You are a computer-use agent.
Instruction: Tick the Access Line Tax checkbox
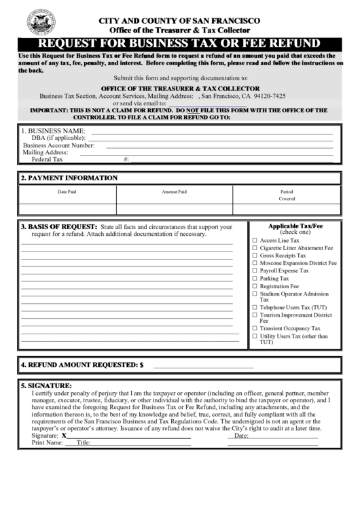(x=255, y=241)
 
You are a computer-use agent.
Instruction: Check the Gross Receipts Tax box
(x=255, y=256)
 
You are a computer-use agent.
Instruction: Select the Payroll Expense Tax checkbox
(x=255, y=270)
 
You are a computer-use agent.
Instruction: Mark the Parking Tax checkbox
(x=255, y=279)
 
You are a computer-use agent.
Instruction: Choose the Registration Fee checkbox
(x=255, y=287)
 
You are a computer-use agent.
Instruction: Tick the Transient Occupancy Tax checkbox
(x=255, y=328)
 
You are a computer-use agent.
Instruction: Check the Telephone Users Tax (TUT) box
(x=255, y=307)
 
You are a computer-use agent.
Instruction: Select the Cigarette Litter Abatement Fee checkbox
(x=255, y=248)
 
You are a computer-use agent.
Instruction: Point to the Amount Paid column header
(x=174, y=192)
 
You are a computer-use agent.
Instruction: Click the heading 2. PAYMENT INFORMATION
(x=69, y=178)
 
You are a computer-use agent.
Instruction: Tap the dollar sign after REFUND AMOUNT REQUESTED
(x=141, y=365)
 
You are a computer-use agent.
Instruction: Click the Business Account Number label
(x=58, y=145)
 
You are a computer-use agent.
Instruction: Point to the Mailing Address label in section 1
(x=50, y=152)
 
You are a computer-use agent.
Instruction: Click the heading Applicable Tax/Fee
(x=295, y=226)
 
